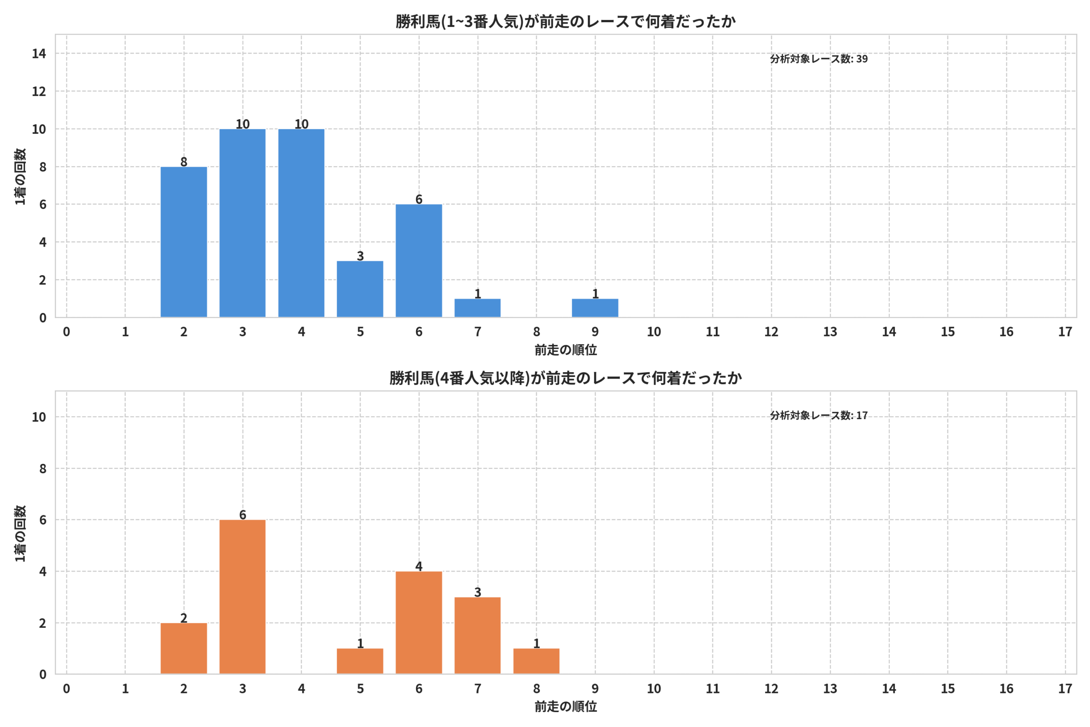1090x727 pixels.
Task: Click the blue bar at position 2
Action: [184, 242]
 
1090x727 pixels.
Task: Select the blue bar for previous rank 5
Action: [360, 289]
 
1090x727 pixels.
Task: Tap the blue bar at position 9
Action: [595, 308]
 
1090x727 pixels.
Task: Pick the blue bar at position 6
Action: [419, 261]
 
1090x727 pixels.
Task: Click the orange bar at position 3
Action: [242, 597]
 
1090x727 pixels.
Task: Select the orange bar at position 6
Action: [419, 623]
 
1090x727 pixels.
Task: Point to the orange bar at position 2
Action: [184, 649]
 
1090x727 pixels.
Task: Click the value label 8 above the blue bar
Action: [184, 162]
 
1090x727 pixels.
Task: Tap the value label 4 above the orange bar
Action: [419, 566]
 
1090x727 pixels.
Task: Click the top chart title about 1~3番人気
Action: [565, 22]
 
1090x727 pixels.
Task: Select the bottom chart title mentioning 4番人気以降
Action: [565, 378]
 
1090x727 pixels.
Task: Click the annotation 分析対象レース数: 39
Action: [819, 59]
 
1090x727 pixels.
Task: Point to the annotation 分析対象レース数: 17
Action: [819, 415]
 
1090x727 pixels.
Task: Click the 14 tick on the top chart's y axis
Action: [39, 54]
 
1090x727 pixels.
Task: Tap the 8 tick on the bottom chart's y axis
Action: [43, 469]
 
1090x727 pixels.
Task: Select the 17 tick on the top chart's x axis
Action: [1065, 332]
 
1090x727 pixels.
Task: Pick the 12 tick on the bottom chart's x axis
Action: [771, 689]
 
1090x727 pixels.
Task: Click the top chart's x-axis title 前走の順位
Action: [565, 350]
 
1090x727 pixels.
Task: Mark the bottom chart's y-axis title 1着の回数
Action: [20, 533]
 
